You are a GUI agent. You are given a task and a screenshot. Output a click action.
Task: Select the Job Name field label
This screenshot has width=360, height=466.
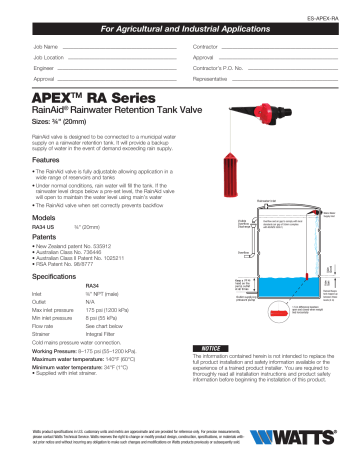pos(46,47)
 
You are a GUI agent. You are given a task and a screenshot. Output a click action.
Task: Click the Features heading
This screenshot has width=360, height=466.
pos(49,160)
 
